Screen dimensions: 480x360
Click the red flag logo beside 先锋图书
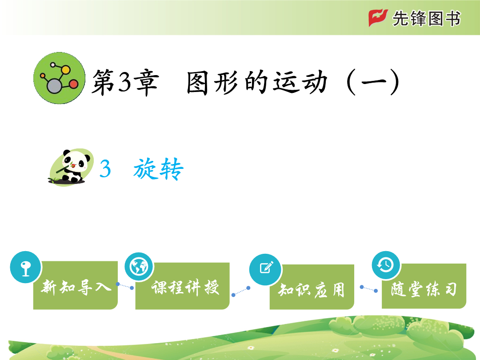[378, 18]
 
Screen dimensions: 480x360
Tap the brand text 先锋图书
[426, 18]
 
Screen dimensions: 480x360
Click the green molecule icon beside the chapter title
[59, 78]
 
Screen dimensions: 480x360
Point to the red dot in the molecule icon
[73, 84]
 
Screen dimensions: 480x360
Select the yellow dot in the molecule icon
[65, 70]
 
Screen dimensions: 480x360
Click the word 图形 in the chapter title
[212, 82]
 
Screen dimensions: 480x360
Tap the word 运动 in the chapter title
[300, 82]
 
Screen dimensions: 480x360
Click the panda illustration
[71, 167]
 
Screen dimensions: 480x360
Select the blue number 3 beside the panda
[105, 169]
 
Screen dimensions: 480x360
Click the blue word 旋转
[158, 169]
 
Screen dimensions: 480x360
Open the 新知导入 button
[75, 285]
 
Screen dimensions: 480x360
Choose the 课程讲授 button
[183, 286]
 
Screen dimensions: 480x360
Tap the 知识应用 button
[312, 287]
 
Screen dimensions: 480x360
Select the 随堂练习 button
[424, 286]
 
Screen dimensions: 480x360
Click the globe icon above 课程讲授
[139, 267]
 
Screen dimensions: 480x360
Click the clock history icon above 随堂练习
[386, 265]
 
